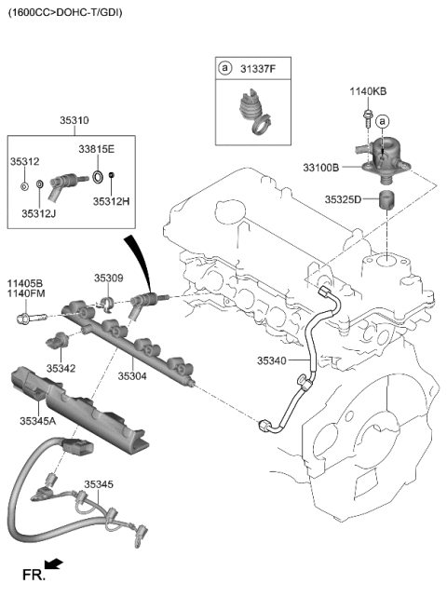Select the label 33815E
[x=96, y=149]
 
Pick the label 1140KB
[x=367, y=91]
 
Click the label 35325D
[x=344, y=199]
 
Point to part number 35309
[x=108, y=278]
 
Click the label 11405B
[x=26, y=282]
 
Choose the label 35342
[x=61, y=369]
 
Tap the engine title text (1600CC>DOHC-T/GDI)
[x=64, y=12]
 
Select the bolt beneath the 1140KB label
[x=368, y=118]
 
